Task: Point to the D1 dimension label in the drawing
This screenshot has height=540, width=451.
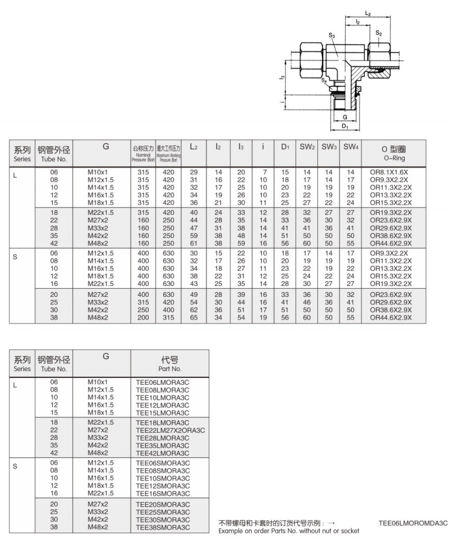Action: coord(345,126)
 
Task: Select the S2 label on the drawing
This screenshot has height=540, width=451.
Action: coord(378,33)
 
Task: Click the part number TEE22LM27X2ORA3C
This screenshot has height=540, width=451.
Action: coord(170,431)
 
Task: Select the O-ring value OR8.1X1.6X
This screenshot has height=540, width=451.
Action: coord(389,172)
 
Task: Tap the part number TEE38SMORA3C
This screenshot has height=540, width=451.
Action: coord(162,527)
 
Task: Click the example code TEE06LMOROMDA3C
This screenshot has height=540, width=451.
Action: coord(413,523)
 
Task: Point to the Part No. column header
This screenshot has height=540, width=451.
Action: coord(169,363)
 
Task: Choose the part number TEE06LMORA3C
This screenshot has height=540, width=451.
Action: coord(162,382)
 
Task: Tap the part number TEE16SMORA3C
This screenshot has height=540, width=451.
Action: coord(162,494)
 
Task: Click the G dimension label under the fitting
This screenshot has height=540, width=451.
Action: coord(345,116)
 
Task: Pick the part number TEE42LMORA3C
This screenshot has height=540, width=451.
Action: coord(162,453)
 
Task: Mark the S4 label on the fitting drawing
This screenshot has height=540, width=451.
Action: coord(325,80)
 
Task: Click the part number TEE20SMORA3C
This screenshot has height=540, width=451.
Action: coord(162,505)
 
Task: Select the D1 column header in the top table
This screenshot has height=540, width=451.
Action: coord(285,148)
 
